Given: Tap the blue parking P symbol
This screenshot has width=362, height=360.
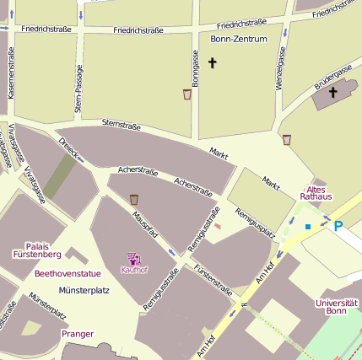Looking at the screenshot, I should (x=338, y=226).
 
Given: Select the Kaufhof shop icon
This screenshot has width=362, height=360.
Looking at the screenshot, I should (x=133, y=258).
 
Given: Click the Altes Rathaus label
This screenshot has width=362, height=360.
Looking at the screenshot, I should (x=316, y=192).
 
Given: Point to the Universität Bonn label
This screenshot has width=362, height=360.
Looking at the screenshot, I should (x=337, y=307).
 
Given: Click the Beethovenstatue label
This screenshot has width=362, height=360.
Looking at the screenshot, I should (x=68, y=274).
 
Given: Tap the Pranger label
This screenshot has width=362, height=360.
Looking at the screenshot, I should (x=78, y=334).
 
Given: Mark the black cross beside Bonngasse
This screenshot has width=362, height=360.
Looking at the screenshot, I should (x=212, y=62).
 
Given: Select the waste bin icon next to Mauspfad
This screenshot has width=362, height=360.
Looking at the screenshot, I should (x=134, y=200).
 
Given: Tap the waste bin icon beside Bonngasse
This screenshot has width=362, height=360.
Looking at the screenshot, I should (x=186, y=94).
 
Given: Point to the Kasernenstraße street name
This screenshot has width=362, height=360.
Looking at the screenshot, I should (x=11, y=73).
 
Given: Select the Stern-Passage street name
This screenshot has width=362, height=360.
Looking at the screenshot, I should (x=78, y=89).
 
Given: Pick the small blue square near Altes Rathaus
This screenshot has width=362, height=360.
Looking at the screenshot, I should (x=308, y=227).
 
